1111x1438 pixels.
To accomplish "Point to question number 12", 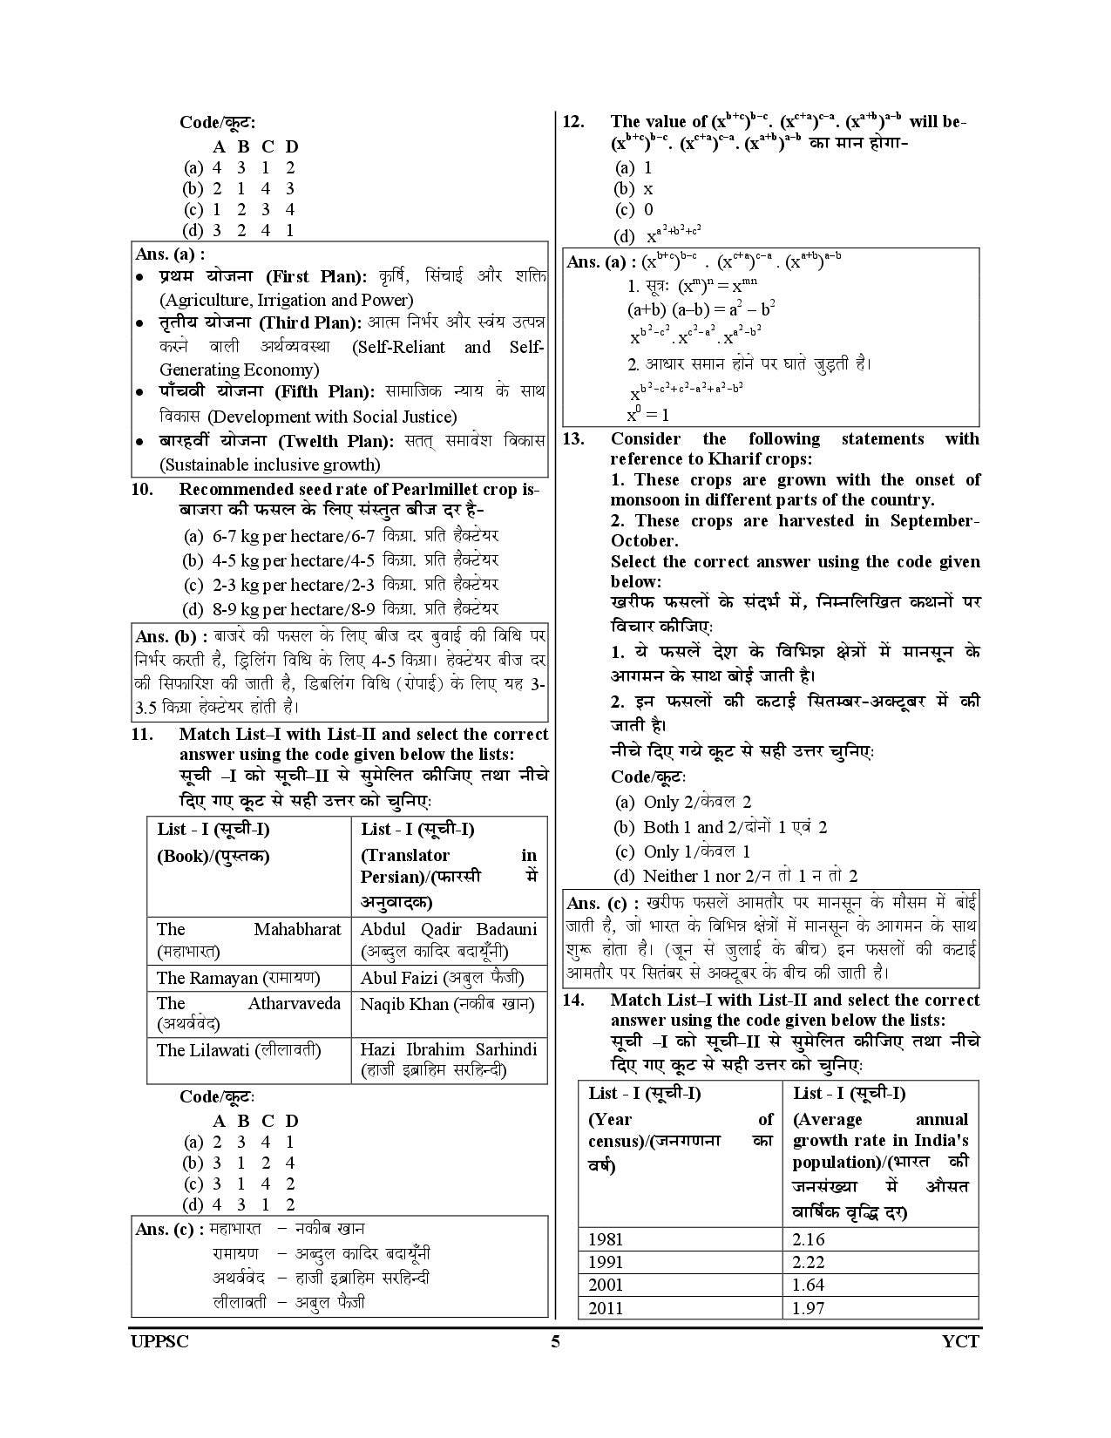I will [x=572, y=122].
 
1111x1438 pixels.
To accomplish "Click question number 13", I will [x=572, y=439].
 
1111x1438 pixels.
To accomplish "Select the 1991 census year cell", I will [x=606, y=1262].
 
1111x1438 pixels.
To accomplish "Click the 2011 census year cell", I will [x=606, y=1308].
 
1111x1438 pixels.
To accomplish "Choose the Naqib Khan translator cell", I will [x=447, y=1004].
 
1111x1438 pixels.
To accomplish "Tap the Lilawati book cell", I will [x=238, y=1050].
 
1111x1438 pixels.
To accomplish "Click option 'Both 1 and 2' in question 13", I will [x=721, y=827].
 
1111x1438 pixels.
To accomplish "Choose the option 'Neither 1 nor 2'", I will [x=736, y=876].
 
